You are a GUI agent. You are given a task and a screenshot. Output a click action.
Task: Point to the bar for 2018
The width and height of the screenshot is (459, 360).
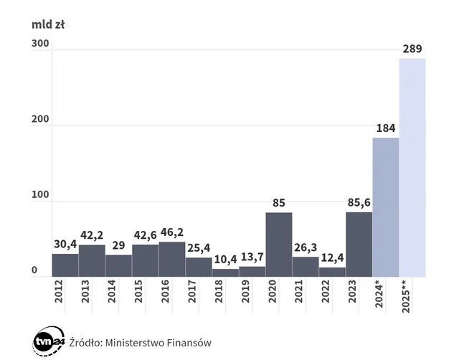225,273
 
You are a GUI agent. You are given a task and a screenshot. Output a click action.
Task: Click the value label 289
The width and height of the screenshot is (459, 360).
412,49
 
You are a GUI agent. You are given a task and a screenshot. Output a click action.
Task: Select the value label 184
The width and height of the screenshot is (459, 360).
385,129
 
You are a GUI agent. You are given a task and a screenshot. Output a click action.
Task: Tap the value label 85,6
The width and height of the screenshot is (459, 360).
359,203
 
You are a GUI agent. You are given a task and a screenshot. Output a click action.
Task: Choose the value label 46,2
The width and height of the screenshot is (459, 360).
171,232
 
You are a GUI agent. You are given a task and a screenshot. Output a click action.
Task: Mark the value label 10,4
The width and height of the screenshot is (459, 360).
225,260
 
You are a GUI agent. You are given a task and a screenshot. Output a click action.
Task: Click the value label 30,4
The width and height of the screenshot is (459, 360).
65,244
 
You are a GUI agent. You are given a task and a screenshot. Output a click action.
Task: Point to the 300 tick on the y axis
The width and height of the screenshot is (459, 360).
40,44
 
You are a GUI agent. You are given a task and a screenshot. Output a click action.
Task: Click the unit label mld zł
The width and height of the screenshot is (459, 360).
49,24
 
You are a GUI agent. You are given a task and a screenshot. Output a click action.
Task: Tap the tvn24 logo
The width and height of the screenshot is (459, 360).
47,341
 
